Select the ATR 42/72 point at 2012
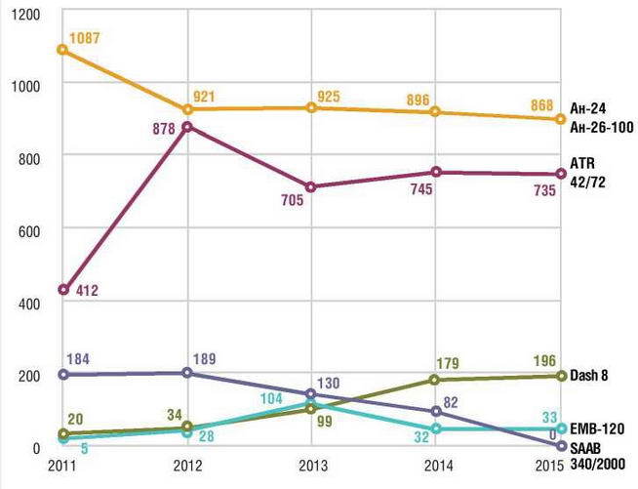click(186, 127)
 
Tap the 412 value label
click(86, 291)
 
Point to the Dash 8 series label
click(588, 376)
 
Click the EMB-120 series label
click(595, 428)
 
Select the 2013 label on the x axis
click(311, 466)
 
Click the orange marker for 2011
click(61, 49)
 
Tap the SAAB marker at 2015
click(560, 446)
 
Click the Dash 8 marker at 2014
click(436, 380)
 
